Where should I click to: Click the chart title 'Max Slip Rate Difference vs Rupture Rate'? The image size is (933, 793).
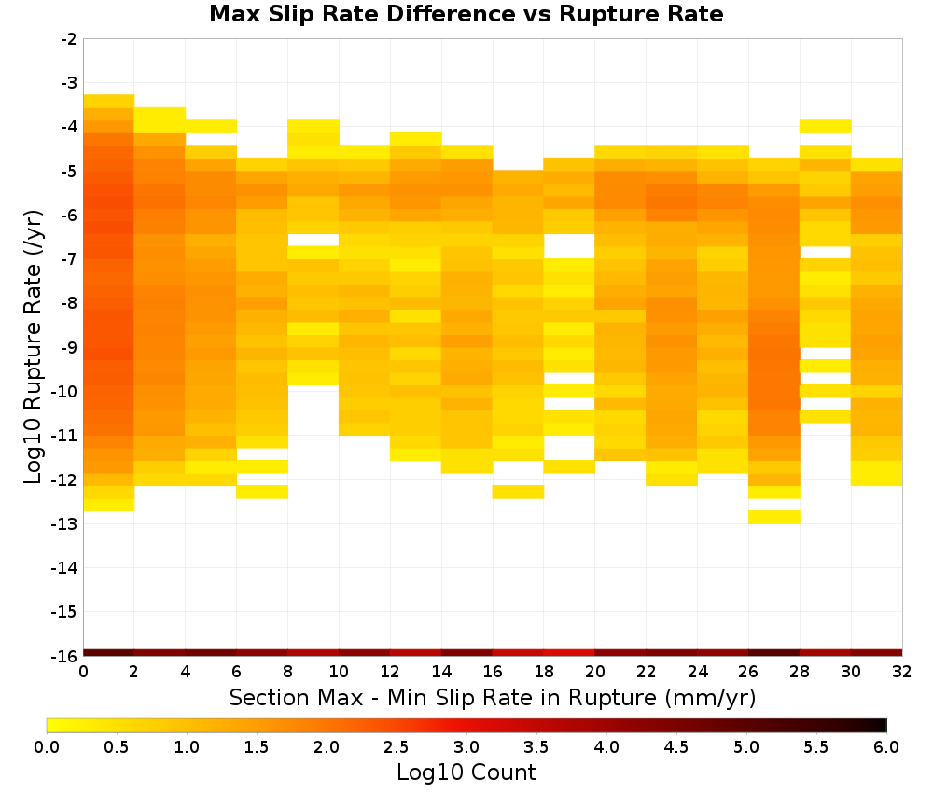[466, 14]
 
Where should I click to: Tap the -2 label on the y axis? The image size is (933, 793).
[69, 39]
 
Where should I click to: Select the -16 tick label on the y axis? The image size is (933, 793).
[64, 656]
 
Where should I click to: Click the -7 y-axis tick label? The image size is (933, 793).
[69, 259]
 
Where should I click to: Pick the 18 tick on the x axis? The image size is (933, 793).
[544, 672]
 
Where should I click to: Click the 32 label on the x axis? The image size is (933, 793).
[902, 672]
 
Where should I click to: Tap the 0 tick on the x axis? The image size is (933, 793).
[83, 672]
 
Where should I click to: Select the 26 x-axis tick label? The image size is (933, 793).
[748, 672]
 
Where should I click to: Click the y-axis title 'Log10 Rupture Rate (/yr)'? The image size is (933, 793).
[34, 347]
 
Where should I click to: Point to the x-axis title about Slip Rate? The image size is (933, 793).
[493, 698]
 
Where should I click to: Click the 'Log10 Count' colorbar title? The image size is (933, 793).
[466, 772]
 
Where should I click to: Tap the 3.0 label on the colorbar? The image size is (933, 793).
[466, 747]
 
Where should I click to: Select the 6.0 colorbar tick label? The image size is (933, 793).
[886, 747]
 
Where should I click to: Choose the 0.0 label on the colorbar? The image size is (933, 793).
[47, 747]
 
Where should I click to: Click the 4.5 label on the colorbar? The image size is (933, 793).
[676, 747]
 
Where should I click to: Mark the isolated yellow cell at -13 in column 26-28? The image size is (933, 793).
[774, 517]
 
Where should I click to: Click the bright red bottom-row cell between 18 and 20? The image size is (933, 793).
[569, 653]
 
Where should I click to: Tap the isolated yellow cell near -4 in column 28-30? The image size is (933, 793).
[826, 126]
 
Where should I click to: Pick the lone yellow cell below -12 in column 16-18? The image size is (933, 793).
[518, 492]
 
